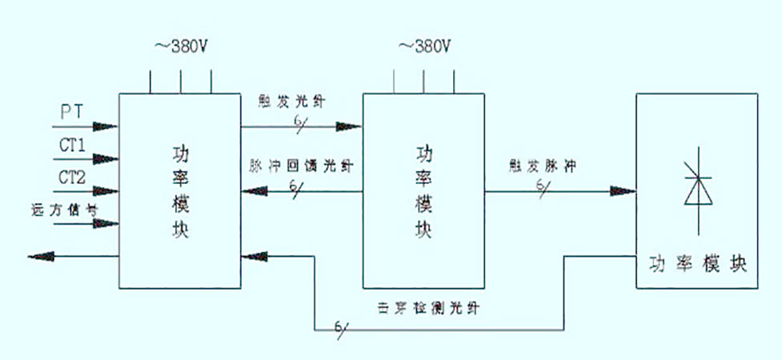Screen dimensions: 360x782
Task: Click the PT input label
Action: coord(70,112)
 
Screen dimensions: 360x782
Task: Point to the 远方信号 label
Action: coord(68,210)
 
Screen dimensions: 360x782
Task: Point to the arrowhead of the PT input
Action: coord(107,126)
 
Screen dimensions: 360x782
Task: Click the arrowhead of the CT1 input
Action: coord(107,159)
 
